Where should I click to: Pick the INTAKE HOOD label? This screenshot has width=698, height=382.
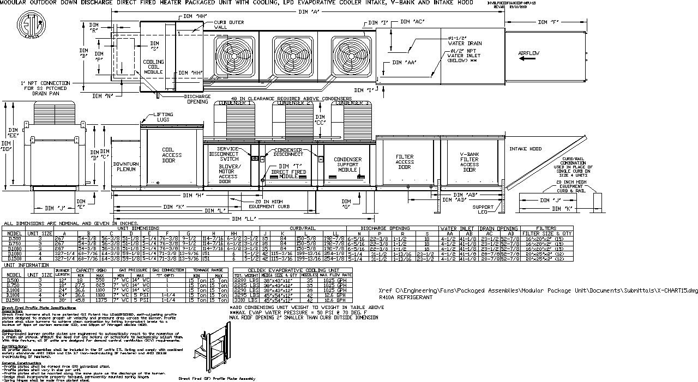tap(525, 149)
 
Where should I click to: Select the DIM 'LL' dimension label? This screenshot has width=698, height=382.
tap(242, 219)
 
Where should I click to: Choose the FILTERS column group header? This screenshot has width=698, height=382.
tap(546, 228)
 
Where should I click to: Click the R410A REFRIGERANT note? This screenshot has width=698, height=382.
tap(406, 298)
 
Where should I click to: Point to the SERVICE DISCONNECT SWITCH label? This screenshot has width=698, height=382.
tap(233, 154)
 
